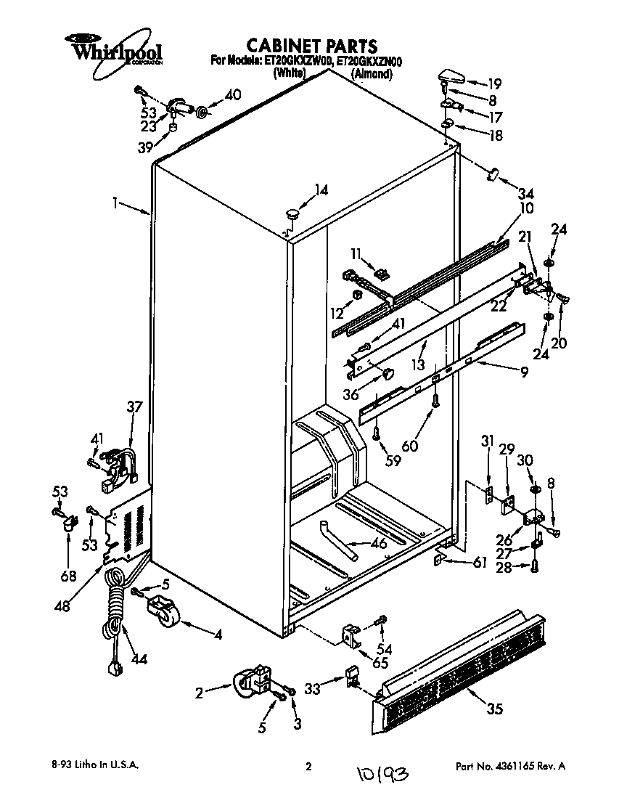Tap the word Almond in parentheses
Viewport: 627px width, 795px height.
(371, 73)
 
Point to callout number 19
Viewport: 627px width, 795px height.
(494, 83)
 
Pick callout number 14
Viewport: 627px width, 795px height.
(321, 190)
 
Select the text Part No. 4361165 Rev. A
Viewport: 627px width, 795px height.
(509, 766)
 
